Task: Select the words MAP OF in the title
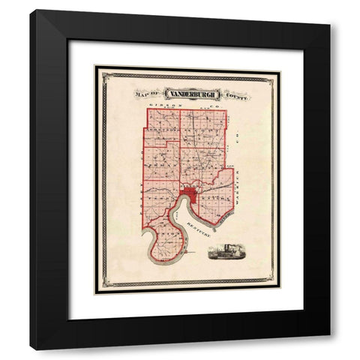[147, 95]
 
